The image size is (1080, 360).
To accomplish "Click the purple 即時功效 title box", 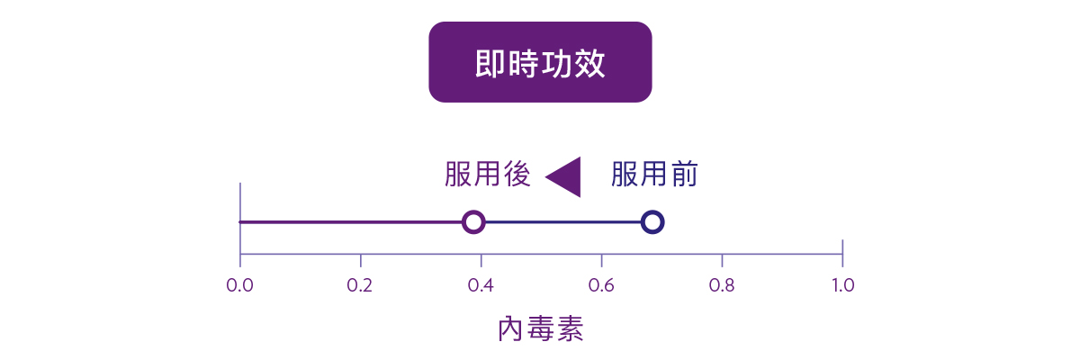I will click(540, 62).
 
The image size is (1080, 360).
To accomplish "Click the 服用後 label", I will click(487, 175).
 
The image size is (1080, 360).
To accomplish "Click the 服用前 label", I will click(654, 175).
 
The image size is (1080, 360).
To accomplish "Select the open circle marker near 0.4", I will click(473, 221).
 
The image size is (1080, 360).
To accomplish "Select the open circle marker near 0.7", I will click(653, 221).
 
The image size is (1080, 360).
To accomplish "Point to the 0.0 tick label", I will click(239, 286).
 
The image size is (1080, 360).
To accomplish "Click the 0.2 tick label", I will click(360, 286).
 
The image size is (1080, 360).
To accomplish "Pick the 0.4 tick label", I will click(481, 286).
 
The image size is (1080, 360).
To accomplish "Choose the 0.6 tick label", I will click(601, 286).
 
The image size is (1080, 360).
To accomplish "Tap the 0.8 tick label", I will click(722, 286).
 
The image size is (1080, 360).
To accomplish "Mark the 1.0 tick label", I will click(842, 286).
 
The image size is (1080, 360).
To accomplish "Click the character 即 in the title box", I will click(490, 64).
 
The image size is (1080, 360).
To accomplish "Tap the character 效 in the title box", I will click(589, 64).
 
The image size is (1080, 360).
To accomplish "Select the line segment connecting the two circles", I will click(563, 221).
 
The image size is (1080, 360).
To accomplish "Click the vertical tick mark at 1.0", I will click(842, 253).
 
